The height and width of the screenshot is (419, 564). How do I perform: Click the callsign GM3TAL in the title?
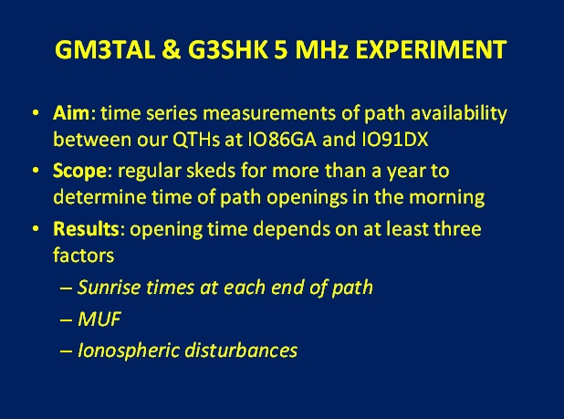[x=105, y=49]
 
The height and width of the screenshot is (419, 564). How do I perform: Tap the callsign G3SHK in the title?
[x=228, y=49]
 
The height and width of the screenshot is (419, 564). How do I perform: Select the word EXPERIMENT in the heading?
[x=431, y=49]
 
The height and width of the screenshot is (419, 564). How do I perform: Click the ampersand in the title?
[x=172, y=49]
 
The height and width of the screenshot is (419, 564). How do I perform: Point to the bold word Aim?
[x=71, y=113]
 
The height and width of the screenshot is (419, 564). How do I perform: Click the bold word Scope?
[x=79, y=172]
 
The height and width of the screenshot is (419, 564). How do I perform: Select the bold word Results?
[x=86, y=229]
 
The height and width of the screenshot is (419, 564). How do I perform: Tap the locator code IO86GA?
[x=282, y=139]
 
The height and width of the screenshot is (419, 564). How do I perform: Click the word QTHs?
[x=196, y=139]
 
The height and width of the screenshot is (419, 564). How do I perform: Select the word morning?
[x=447, y=198]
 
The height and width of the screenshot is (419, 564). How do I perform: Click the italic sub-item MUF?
[x=99, y=319]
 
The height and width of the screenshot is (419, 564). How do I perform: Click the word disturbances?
[x=241, y=351]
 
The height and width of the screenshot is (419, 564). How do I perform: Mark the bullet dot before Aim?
[x=36, y=112]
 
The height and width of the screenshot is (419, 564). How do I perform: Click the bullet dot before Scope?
[x=36, y=170]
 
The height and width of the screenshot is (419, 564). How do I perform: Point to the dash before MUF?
[x=67, y=319]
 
